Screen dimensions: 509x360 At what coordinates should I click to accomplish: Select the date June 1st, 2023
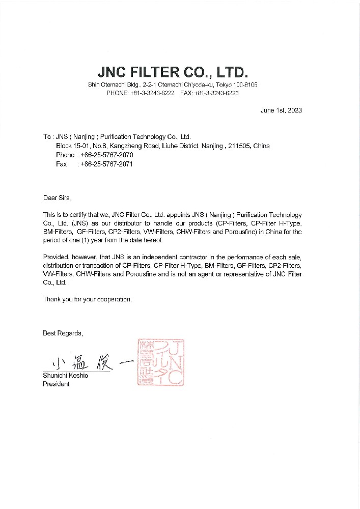pyautogui.click(x=281, y=111)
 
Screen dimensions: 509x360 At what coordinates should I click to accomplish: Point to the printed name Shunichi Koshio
pyautogui.click(x=65, y=376)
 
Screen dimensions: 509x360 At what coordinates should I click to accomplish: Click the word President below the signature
pyautogui.click(x=56, y=384)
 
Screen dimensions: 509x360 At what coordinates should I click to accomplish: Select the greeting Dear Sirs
pyautogui.click(x=57, y=197)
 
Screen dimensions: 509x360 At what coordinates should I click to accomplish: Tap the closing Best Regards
pyautogui.click(x=62, y=333)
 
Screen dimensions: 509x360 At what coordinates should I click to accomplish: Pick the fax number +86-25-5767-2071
pyautogui.click(x=107, y=164)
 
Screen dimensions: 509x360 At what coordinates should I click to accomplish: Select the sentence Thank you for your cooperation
pyautogui.click(x=87, y=299)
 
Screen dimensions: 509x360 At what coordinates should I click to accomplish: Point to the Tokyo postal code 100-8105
pyautogui.click(x=245, y=84)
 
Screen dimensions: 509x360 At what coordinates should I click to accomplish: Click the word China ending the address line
pyautogui.click(x=261, y=146)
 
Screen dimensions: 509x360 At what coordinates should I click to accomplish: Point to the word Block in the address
pyautogui.click(x=64, y=146)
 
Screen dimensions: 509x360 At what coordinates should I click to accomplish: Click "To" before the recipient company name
pyautogui.click(x=47, y=137)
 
